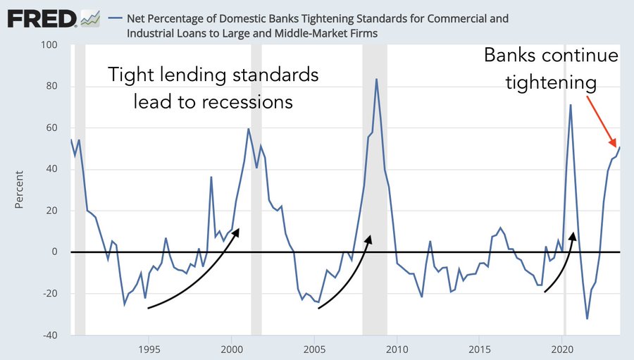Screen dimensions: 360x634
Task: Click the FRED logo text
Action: (42, 19)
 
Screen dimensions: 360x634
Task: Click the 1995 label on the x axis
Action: (149, 349)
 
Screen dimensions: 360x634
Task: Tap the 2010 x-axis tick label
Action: (397, 349)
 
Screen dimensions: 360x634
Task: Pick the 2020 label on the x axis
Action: (562, 349)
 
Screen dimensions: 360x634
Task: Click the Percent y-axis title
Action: (20, 190)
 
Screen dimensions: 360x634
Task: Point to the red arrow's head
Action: (615, 144)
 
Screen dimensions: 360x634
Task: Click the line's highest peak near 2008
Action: (376, 79)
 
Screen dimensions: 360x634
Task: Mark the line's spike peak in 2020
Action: (571, 105)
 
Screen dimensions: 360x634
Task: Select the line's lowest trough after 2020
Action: (587, 318)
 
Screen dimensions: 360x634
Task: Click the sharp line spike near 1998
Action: (211, 177)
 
